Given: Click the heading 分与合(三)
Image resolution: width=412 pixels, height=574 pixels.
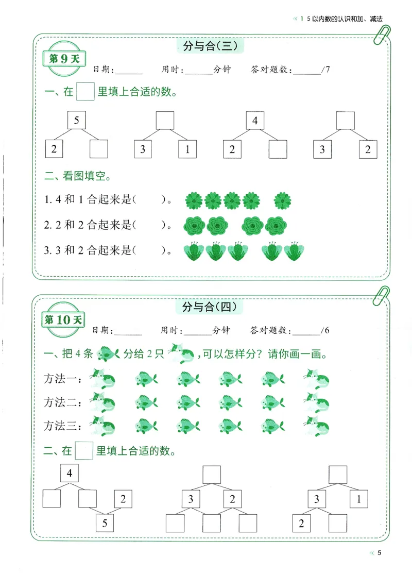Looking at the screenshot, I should [x=210, y=47].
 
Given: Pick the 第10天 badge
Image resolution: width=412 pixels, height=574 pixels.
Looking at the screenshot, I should [x=64, y=319].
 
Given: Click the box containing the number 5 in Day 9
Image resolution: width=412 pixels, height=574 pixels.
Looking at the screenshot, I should [x=76, y=122].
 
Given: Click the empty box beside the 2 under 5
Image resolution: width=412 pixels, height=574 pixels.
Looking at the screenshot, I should [x=99, y=149].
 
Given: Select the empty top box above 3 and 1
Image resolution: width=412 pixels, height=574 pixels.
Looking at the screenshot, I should [x=165, y=122].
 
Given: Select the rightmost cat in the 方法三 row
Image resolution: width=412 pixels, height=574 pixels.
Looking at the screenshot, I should [x=316, y=426].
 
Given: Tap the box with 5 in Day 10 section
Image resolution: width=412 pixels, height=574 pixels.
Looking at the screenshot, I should [x=105, y=524].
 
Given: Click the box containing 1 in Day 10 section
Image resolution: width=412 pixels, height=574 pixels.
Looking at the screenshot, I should [x=358, y=499].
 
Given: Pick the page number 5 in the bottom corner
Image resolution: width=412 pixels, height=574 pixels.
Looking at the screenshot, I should [x=380, y=553].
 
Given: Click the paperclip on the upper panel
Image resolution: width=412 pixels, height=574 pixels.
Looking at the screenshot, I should [x=382, y=37].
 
